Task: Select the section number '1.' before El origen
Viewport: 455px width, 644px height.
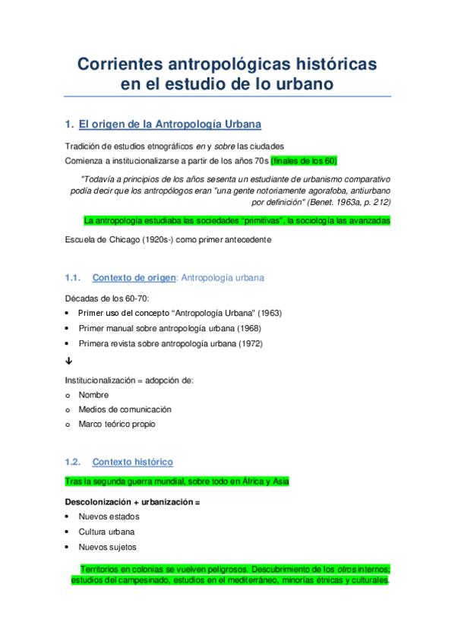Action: [x=69, y=123]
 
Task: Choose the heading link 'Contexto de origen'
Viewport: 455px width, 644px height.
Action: [x=133, y=278]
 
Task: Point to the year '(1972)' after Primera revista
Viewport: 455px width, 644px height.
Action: [x=252, y=343]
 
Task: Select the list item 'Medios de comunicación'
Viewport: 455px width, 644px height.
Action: [x=125, y=409]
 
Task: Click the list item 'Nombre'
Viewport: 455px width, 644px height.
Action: [x=93, y=395]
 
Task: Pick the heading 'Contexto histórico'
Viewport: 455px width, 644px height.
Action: [x=132, y=462]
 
